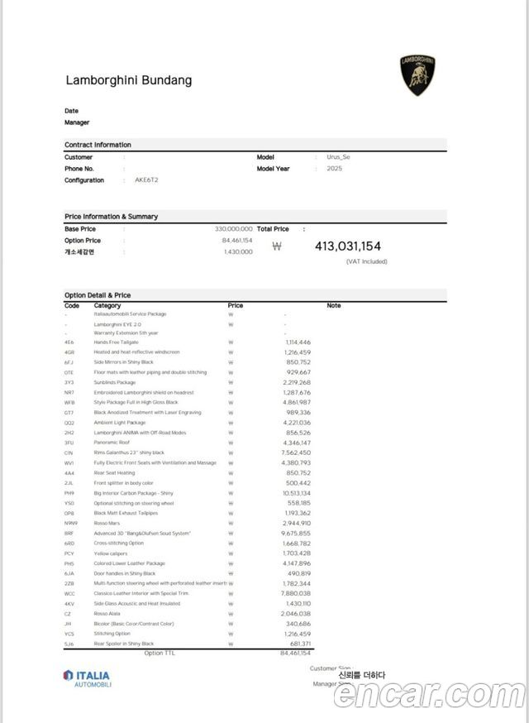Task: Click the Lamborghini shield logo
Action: click(417, 75)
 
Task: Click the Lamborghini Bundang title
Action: click(128, 80)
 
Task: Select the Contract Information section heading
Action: click(98, 145)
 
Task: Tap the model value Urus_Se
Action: click(338, 156)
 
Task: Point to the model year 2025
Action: click(334, 168)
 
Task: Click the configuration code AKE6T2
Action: click(146, 180)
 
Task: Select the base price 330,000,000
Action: click(234, 228)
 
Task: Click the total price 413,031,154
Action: click(347, 246)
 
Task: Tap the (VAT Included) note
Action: click(366, 261)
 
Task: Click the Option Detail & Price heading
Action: click(98, 295)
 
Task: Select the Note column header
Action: click(333, 305)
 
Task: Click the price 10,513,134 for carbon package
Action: click(295, 493)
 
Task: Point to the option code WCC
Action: click(69, 593)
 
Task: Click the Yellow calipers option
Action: click(112, 553)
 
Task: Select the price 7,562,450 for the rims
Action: click(295, 452)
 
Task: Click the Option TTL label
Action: click(160, 654)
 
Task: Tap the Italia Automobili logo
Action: click(86, 678)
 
